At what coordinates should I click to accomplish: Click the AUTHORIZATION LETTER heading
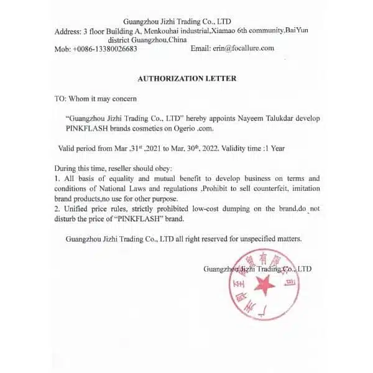pos(186,78)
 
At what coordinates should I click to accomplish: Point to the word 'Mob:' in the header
pos(63,48)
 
